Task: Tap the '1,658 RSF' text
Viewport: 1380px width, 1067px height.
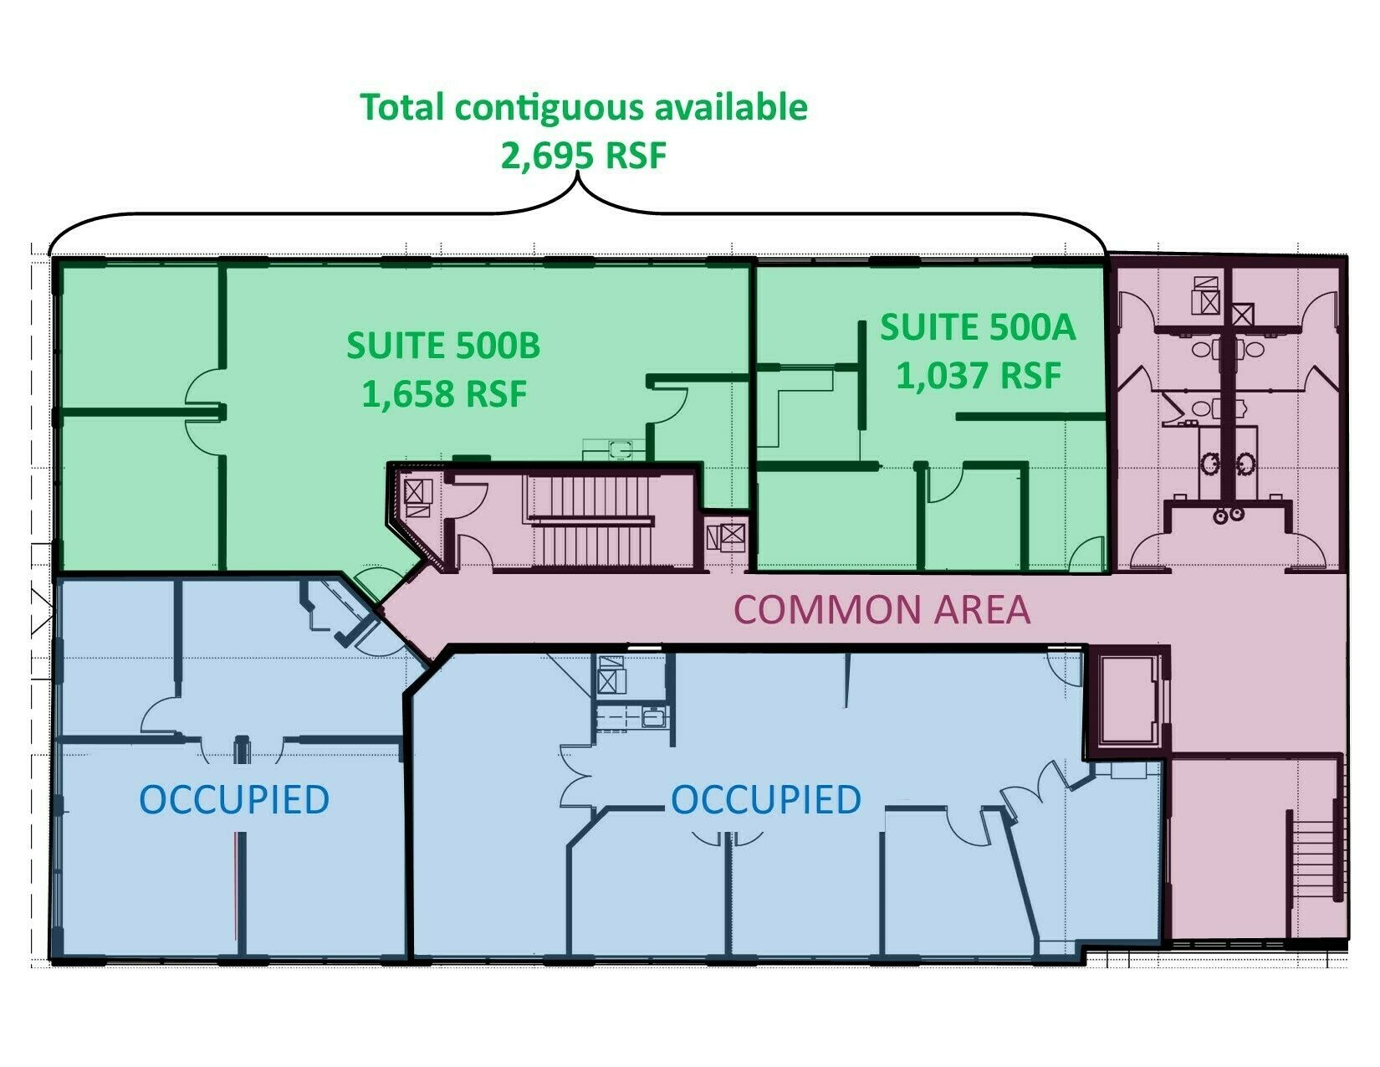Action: [444, 393]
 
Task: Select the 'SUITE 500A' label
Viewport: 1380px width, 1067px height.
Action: [978, 327]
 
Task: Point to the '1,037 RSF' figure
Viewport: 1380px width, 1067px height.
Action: [978, 375]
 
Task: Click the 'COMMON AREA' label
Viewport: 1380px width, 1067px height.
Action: [882, 609]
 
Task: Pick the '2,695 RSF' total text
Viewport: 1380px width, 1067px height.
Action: [584, 156]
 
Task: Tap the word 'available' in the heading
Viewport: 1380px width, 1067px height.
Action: [732, 107]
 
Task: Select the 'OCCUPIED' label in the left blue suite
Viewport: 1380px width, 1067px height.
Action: [233, 799]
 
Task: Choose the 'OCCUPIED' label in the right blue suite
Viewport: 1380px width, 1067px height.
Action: [766, 799]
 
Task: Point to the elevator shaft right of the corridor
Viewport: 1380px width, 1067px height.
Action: [1127, 700]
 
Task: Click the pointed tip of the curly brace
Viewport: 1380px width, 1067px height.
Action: [577, 173]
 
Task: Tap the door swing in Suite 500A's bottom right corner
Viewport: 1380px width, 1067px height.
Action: [1086, 553]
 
